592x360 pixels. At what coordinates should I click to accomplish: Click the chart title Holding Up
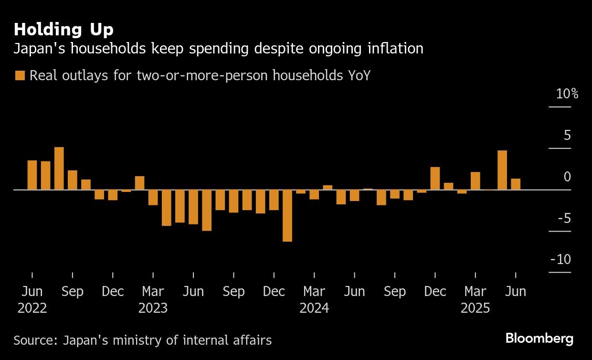coord(63,30)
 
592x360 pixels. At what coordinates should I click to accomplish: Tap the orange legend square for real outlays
coord(20,75)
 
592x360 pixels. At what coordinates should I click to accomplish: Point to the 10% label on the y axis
coord(567,94)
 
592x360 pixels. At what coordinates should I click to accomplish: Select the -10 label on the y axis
coord(560,259)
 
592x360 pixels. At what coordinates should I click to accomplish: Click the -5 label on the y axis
coord(564,218)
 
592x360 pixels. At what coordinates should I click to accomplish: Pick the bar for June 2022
coord(32,175)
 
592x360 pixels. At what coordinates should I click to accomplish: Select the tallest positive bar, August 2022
coord(59,168)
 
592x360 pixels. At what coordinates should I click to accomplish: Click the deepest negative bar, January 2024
coord(287,215)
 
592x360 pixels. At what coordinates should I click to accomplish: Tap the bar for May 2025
coord(502,170)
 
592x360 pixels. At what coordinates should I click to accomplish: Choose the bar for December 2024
coord(435,178)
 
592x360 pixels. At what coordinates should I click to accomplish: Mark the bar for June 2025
coord(516,184)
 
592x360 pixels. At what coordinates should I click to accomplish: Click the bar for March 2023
coord(153,197)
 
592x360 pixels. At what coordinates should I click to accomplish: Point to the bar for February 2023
coord(139,183)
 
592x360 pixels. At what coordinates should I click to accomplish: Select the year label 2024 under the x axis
coord(314,308)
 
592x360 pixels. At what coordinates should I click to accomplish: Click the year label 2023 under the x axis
coord(153,308)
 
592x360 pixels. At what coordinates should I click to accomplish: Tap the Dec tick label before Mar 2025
coord(435,291)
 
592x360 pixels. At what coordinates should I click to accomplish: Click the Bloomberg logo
coord(539,339)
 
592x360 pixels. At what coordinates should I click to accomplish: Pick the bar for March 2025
coord(475,180)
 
